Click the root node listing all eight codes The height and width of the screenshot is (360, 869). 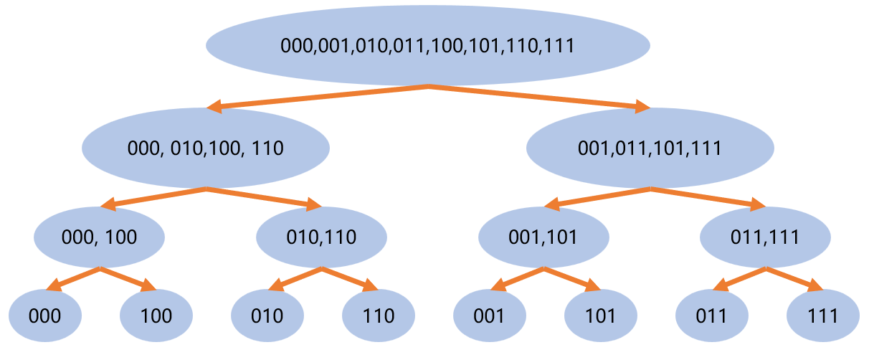pos(428,45)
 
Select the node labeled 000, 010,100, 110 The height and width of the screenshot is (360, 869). pos(206,148)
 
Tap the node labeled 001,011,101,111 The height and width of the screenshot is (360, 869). pos(650,148)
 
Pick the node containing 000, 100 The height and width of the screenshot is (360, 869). pos(100,237)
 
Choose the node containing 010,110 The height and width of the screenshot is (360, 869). pos(322,237)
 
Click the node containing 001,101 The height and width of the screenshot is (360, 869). pos(544,237)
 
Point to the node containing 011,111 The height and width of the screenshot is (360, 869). pos(766,237)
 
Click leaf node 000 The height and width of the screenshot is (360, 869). pos(45,316)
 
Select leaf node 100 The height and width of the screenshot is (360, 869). pos(156,316)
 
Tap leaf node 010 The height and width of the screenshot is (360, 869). pos(267,316)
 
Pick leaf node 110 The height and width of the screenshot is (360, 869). pos(379,316)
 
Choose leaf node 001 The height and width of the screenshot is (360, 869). pos(490,316)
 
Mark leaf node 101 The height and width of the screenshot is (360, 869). pos(601,316)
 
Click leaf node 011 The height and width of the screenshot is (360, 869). pos(712,316)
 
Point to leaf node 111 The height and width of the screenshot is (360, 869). pos(823,316)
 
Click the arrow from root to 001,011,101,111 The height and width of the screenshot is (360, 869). pos(539,97)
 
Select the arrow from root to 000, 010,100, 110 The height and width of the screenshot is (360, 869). pos(317,97)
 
